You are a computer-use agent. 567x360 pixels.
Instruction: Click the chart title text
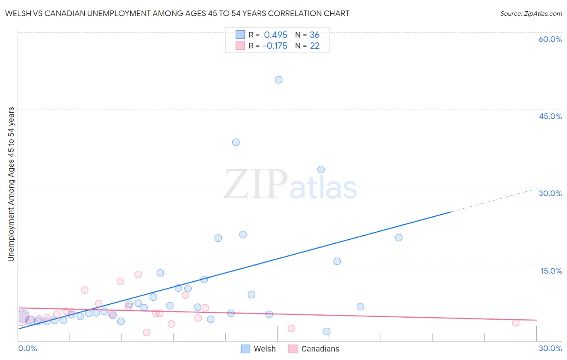[x=177, y=14]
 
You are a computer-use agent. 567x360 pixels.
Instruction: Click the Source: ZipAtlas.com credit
[x=531, y=14]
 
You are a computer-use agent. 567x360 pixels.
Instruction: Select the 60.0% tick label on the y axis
[x=550, y=39]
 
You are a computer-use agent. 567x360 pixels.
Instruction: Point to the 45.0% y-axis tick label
[x=550, y=116]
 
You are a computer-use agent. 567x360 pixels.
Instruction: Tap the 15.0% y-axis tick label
[x=551, y=271]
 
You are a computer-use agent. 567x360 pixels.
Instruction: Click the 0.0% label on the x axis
[x=27, y=348]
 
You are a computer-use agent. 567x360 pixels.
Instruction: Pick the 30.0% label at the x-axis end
[x=550, y=348]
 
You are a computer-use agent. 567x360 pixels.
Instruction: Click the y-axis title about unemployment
[x=11, y=184]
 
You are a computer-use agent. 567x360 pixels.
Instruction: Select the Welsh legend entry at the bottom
[x=258, y=349]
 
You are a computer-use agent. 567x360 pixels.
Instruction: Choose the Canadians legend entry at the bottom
[x=314, y=349]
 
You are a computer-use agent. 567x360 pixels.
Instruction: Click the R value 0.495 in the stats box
[x=275, y=35]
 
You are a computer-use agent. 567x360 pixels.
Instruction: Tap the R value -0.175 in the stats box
[x=275, y=46]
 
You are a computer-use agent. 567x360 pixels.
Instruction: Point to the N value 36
[x=315, y=35]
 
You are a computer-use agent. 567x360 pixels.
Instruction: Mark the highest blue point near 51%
[x=279, y=80]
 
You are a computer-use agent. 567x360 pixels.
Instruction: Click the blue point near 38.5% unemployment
[x=236, y=142]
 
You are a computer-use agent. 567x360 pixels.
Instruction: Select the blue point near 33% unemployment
[x=321, y=170]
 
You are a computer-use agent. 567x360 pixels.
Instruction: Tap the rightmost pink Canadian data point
[x=515, y=323]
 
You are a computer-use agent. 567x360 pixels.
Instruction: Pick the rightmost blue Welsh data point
[x=398, y=237]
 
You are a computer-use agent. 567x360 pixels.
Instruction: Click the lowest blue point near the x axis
[x=327, y=331]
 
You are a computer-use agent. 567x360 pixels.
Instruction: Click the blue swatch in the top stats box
[x=240, y=35]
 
